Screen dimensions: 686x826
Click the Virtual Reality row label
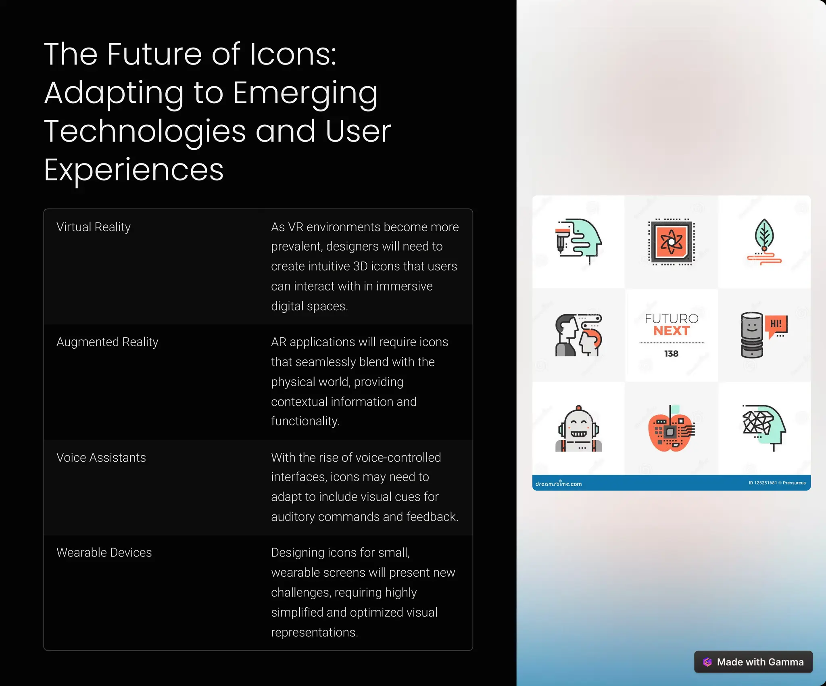94,227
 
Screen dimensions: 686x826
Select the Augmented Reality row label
107,342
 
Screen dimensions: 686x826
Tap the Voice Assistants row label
101,458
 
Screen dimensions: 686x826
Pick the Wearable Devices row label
104,552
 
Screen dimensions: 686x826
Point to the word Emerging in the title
305,93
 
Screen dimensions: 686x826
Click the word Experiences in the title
133,170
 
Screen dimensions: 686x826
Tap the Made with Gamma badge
753,662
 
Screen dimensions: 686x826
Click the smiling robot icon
578,429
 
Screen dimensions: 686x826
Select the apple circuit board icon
671,429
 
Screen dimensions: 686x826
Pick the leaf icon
764,241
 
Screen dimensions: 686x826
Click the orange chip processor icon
671,242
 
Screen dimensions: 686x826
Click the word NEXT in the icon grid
672,331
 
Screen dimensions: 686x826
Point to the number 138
671,353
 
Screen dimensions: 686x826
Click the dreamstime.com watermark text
559,484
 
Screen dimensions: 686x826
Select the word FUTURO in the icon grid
672,319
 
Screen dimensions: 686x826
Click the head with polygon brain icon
764,427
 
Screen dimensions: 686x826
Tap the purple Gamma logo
707,662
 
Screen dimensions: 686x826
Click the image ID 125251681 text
762,483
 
